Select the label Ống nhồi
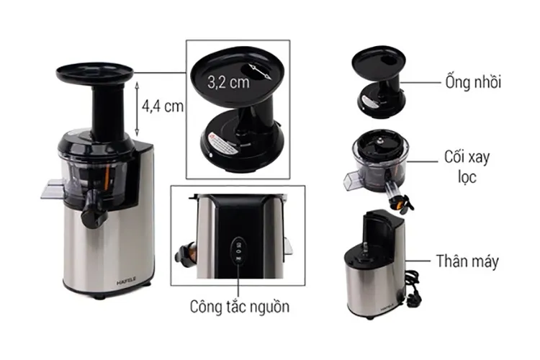pos(472,81)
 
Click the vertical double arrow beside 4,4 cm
pos(138,107)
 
